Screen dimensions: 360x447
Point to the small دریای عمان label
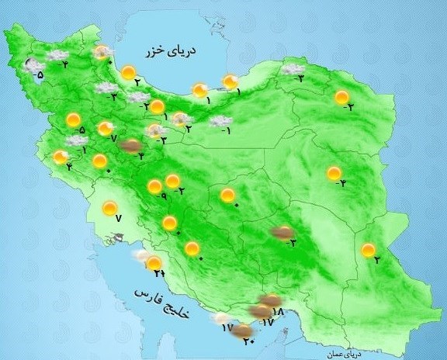342,352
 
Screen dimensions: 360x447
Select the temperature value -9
163,196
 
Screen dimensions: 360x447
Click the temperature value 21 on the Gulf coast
160,273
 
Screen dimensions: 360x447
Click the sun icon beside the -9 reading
154,186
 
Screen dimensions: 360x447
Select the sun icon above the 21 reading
154,263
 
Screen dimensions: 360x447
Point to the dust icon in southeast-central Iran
282,231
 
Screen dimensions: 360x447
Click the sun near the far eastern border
368,250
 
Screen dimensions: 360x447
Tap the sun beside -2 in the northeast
341,98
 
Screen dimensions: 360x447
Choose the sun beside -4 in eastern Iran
334,173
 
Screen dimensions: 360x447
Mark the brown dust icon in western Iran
133,145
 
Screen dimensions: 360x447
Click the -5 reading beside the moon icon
39,75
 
